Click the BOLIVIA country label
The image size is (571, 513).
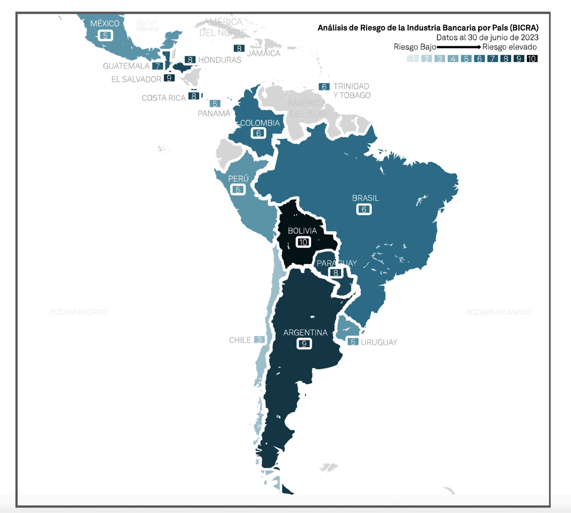click(302, 231)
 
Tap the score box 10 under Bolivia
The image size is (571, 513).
click(303, 242)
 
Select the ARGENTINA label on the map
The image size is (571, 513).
click(305, 333)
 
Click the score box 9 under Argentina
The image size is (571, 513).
click(304, 344)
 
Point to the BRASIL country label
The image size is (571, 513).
click(365, 198)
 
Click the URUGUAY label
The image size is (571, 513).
click(379, 342)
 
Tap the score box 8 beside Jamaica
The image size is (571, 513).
click(239, 48)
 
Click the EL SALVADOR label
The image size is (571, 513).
click(136, 79)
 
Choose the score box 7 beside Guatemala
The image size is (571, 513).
click(158, 66)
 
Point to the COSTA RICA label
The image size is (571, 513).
click(163, 98)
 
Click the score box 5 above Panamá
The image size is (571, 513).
click(215, 104)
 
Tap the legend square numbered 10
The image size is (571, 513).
click(532, 59)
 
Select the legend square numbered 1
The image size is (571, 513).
click(413, 59)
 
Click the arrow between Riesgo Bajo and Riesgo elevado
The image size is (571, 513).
click(458, 47)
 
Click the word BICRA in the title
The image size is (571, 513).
click(525, 28)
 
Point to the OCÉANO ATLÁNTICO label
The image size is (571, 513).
click(498, 312)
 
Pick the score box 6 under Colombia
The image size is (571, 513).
click(258, 133)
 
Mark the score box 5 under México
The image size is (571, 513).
click(105, 35)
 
